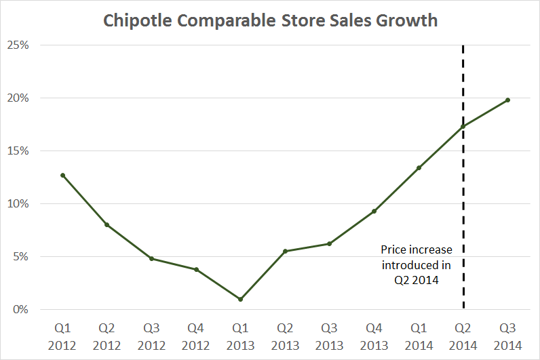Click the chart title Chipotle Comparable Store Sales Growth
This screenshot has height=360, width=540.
point(270,20)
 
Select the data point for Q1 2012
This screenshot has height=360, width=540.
point(62,175)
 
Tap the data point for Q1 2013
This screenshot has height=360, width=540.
point(241,299)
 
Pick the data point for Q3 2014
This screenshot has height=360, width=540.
point(507,100)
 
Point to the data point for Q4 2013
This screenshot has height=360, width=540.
point(374,211)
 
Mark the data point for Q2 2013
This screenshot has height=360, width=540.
point(285,251)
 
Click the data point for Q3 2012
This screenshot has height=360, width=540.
point(151,258)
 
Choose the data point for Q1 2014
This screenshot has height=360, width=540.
point(419,167)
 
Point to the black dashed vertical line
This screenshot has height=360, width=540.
point(463,203)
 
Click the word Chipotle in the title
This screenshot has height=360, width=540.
point(134,20)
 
